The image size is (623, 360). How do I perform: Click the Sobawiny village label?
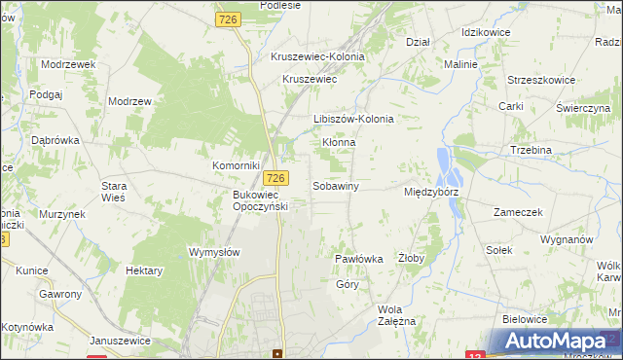[336, 185]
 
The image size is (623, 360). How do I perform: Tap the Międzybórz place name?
[431, 192]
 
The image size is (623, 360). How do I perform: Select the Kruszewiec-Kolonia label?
[317, 56]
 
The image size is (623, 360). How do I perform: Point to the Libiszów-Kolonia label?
[353, 119]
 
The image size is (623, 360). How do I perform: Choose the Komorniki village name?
[234, 165]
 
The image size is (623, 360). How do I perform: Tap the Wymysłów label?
[213, 251]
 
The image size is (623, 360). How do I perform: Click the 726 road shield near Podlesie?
[229, 19]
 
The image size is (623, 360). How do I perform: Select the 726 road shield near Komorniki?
[276, 177]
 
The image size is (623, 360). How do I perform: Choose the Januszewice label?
[121, 340]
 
